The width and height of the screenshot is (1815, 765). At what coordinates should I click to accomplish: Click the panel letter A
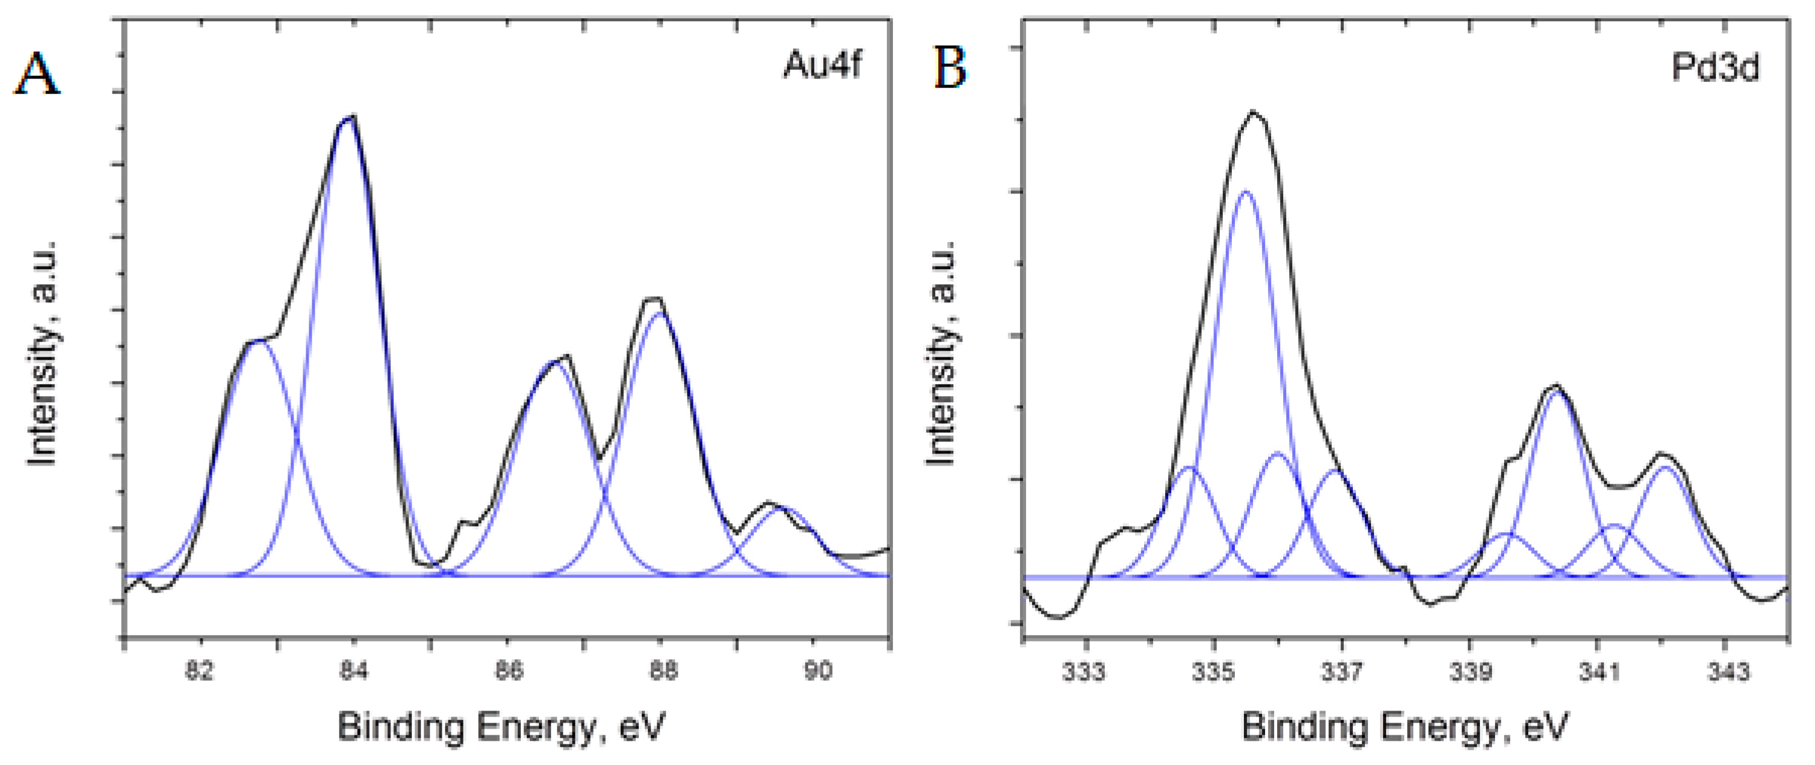coord(37,74)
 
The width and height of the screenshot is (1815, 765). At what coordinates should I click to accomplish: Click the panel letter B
coord(950,68)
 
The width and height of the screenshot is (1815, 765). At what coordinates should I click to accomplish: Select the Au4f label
coord(822,65)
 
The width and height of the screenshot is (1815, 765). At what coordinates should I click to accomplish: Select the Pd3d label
coord(1716,68)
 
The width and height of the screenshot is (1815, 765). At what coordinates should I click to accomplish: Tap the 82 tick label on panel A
coord(200,671)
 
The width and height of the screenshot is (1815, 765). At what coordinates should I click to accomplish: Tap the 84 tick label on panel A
coord(354,671)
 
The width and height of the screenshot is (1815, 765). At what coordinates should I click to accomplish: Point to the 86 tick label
coord(508,671)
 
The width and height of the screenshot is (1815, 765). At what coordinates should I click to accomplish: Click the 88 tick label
coord(662,671)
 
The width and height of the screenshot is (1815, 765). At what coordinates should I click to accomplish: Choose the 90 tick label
coord(817,671)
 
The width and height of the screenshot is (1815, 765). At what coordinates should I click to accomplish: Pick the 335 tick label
coord(1213,672)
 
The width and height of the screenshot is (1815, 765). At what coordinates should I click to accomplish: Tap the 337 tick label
coord(1341,672)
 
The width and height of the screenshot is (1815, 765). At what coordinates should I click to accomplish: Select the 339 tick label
coord(1470,672)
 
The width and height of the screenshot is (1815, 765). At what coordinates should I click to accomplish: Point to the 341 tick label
coord(1598,672)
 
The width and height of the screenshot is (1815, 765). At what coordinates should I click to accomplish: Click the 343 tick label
coord(1726,672)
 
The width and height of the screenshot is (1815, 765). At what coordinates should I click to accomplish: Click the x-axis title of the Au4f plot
coord(501,726)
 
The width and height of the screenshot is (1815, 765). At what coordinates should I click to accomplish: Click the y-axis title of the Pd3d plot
coord(941,352)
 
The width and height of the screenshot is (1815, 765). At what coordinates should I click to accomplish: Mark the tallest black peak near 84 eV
coord(350,117)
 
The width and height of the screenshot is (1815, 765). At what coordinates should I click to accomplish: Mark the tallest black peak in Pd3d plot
coord(1253,111)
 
